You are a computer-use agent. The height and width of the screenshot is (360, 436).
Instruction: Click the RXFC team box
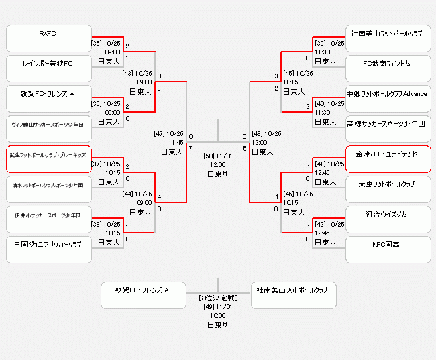pyautogui.click(x=48, y=38)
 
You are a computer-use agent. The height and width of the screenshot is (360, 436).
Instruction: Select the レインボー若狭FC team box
pyautogui.click(x=48, y=68)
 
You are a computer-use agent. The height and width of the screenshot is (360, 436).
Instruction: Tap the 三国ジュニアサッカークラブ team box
pyautogui.click(x=48, y=249)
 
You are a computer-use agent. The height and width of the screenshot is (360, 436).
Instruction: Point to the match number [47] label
pyautogui.click(x=160, y=133)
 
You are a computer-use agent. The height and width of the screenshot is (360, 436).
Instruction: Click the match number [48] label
pyautogui.click(x=258, y=133)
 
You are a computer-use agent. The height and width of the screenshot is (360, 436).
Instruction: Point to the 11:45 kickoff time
pyautogui.click(x=176, y=142)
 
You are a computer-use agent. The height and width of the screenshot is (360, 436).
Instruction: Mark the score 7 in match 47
pyautogui.click(x=191, y=148)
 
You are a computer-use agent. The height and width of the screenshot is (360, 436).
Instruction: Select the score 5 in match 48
pyautogui.click(x=245, y=148)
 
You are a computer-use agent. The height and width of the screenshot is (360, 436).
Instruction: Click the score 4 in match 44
pyautogui.click(x=159, y=197)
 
